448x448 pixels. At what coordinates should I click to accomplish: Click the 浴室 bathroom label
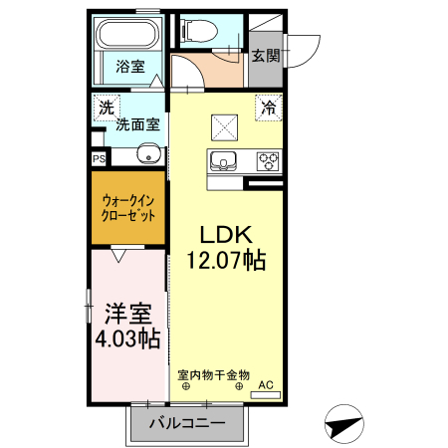pos(130,68)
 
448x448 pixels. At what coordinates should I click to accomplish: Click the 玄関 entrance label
pos(264,56)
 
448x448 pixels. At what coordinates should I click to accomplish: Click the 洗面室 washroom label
pos(138,124)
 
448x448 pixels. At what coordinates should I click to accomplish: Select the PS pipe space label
pos(100,158)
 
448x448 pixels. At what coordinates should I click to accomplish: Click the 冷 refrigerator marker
pos(268,103)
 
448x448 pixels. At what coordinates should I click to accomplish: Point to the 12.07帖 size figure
pos(226,261)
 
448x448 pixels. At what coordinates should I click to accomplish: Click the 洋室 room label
pos(127,313)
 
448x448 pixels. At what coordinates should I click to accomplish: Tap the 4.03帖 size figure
pos(127,337)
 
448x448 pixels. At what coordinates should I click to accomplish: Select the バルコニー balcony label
pos(187,424)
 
